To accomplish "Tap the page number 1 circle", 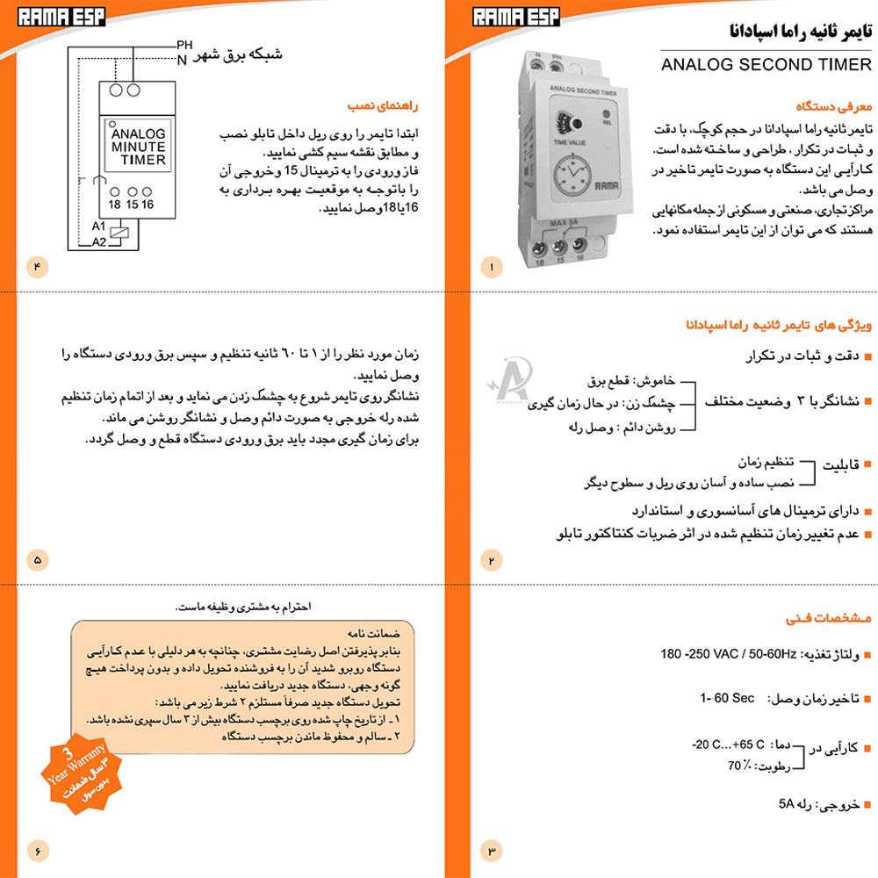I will click(491, 265).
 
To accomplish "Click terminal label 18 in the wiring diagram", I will click(114, 204).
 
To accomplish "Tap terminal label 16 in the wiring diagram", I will click(148, 204).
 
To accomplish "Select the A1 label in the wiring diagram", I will click(98, 227).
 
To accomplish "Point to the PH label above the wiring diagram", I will click(184, 45).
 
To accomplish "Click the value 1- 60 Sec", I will click(727, 698).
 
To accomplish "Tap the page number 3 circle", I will click(491, 850).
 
